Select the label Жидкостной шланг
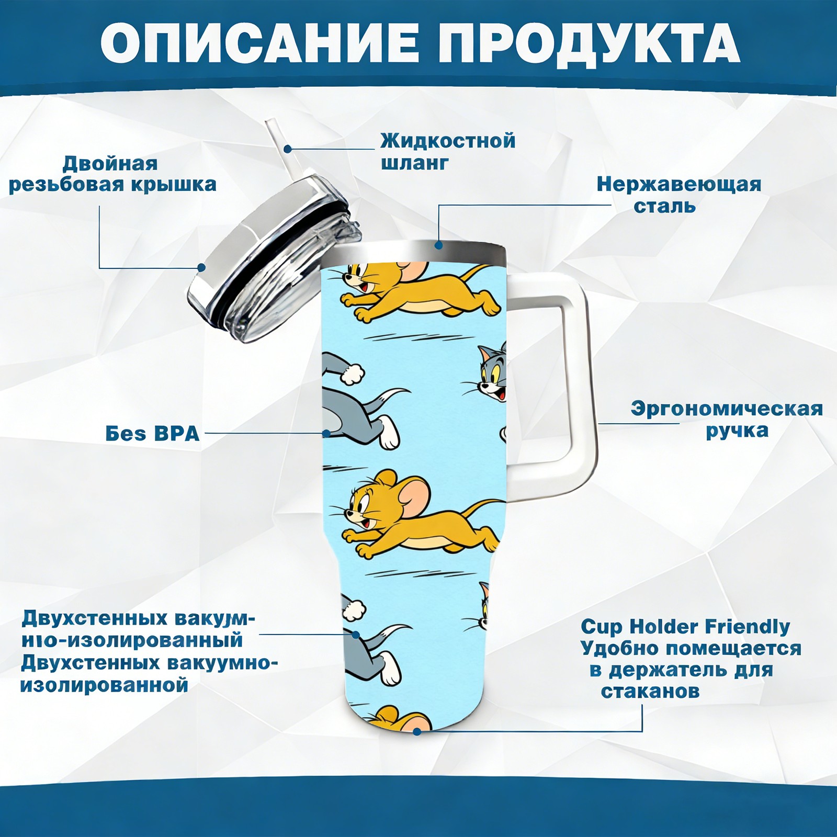448,151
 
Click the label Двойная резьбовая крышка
112,174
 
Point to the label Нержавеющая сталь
679,195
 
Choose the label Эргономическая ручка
727,419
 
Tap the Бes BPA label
152,434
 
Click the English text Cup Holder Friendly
685,626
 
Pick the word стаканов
650,691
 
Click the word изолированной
104,684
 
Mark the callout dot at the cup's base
417,731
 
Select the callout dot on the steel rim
438,244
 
